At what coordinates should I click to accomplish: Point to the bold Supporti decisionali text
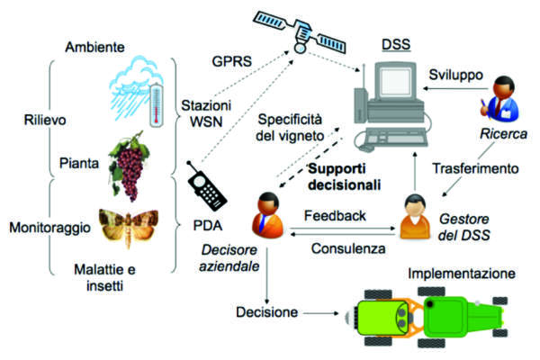point(343,176)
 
